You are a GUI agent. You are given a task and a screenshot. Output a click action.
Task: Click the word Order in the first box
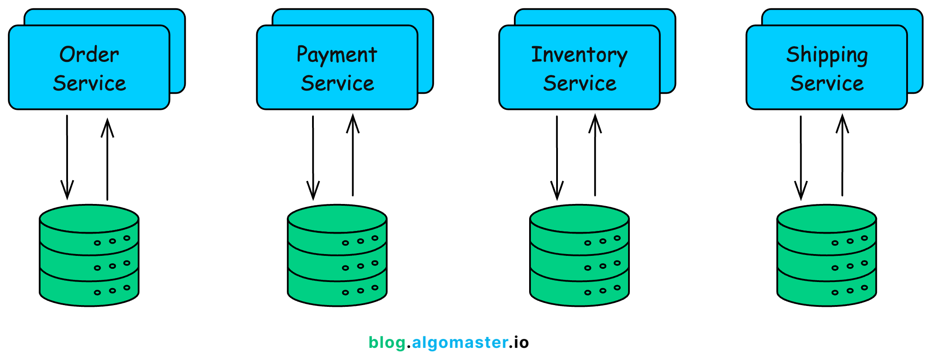[x=89, y=55]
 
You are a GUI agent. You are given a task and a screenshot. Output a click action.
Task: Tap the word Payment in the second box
[x=337, y=55]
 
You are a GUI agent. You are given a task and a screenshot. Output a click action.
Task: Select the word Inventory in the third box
[x=579, y=55]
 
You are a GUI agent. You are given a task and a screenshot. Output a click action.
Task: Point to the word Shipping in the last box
[x=827, y=55]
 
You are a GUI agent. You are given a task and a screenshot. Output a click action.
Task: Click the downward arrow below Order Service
[x=67, y=157]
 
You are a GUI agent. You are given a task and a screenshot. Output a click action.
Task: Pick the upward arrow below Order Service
[x=107, y=159]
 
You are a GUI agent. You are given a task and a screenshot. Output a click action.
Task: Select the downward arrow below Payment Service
[x=313, y=157]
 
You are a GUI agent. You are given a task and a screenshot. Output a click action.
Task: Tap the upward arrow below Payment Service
[x=353, y=155]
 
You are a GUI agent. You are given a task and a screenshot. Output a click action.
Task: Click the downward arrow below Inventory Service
[x=557, y=157]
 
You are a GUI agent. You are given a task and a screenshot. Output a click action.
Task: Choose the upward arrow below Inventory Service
[x=595, y=155]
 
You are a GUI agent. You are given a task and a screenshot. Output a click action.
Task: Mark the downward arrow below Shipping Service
[x=801, y=157]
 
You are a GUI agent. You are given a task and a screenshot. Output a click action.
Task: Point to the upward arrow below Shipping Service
[x=842, y=155]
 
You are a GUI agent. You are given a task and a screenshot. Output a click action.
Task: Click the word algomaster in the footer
[x=460, y=343]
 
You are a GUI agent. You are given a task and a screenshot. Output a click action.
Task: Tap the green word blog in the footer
[x=387, y=343]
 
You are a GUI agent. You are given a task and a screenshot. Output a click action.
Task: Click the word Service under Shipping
[x=827, y=83]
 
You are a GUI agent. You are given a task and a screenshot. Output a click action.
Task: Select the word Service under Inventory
[x=580, y=83]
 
